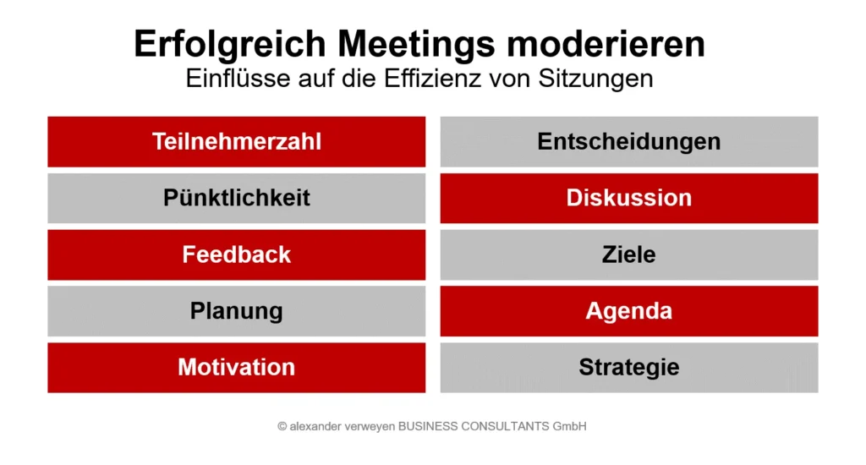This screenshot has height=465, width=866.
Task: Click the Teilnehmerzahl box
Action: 237,141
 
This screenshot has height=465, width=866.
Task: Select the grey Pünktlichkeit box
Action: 237,198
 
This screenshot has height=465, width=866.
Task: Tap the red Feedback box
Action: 237,254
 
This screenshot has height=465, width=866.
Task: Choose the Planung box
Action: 237,311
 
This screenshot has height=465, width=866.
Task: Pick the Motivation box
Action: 237,368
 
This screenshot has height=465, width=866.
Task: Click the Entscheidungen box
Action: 629,141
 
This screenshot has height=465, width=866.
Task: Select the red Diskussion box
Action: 629,198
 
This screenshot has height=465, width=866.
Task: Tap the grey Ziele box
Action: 629,254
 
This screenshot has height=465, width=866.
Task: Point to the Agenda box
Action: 629,311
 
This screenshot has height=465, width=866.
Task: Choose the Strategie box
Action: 629,368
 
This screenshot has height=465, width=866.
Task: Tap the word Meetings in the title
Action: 419,44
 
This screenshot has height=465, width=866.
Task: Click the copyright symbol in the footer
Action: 282,427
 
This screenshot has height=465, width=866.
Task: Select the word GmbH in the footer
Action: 570,427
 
